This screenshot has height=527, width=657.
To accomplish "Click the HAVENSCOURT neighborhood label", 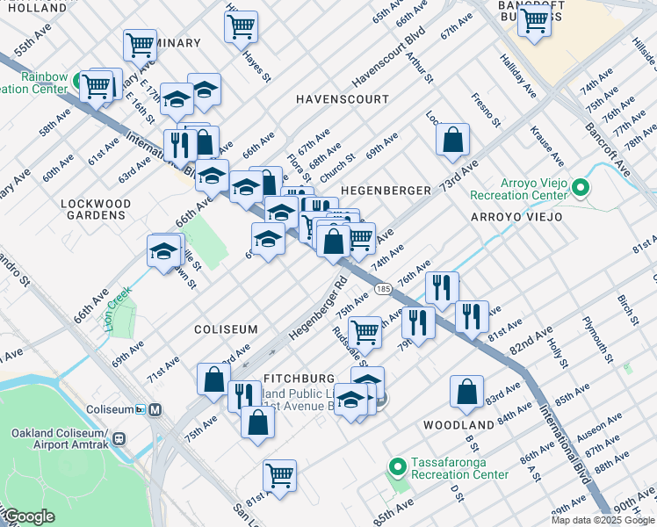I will (342, 99).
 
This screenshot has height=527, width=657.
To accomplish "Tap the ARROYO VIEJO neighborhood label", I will (516, 217).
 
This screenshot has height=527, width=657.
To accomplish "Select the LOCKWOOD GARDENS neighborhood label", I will (96, 209).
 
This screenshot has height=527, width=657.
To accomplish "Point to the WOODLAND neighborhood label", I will (452, 425).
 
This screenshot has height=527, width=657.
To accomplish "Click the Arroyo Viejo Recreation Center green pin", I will (580, 187).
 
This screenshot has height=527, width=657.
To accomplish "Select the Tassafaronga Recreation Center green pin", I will (396, 466).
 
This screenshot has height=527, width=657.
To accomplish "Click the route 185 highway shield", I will (382, 287).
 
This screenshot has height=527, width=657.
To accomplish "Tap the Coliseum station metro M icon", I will (155, 409).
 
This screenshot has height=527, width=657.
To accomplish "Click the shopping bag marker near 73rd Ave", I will (452, 139).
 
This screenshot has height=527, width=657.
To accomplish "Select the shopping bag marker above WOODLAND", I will (466, 391).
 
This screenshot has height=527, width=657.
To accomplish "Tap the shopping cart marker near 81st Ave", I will (279, 475).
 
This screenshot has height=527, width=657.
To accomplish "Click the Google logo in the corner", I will (30, 517).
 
